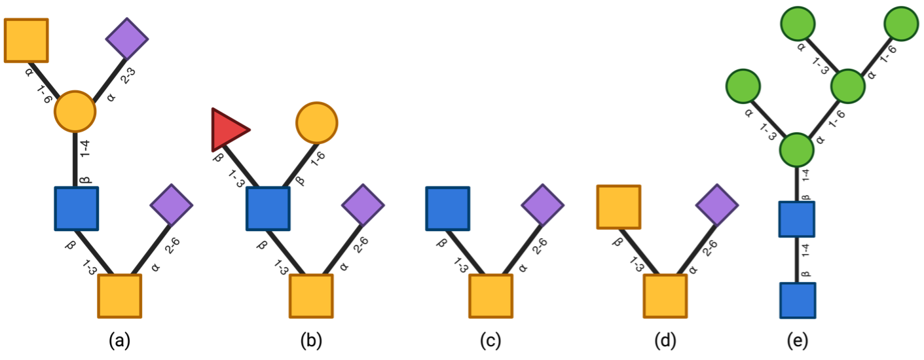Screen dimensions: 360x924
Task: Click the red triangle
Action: pyautogui.click(x=227, y=130)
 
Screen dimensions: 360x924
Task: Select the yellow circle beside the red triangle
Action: pyautogui.click(x=317, y=122)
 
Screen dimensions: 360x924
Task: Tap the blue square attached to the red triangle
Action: pyautogui.click(x=268, y=209)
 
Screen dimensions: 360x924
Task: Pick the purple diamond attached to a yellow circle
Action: pyautogui.click(x=128, y=39)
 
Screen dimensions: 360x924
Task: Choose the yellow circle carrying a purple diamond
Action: pyautogui.click(x=75, y=111)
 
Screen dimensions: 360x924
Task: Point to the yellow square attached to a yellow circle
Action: pyautogui.click(x=27, y=41)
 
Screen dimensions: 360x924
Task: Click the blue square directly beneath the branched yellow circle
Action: pyautogui.click(x=77, y=209)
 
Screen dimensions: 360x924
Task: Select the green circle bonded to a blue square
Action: pyautogui.click(x=797, y=150)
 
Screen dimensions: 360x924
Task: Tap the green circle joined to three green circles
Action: pyautogui.click(x=797, y=150)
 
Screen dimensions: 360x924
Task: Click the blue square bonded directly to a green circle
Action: pyautogui.click(x=797, y=219)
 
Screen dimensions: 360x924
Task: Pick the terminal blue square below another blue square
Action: pyautogui.click(x=798, y=300)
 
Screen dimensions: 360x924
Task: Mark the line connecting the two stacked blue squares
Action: pyautogui.click(x=798, y=260)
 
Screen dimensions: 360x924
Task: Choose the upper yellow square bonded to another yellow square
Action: pyautogui.click(x=618, y=207)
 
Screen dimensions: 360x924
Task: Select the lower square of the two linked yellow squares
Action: pyautogui.click(x=665, y=296)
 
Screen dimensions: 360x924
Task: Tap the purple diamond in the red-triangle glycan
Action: pyautogui.click(x=363, y=205)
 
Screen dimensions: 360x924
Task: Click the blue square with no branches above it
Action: pyautogui.click(x=448, y=209)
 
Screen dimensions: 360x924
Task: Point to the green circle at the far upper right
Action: pyautogui.click(x=901, y=24)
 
